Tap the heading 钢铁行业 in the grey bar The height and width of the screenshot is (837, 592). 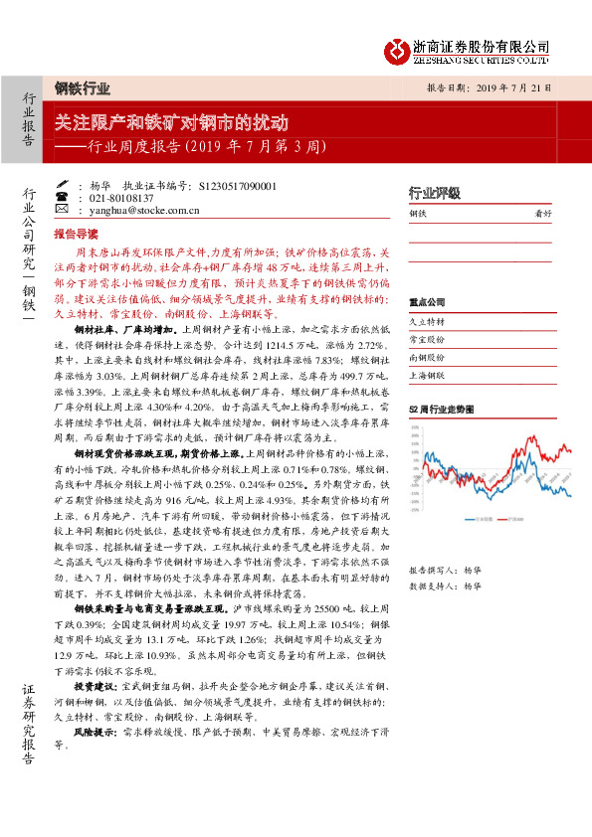(x=83, y=87)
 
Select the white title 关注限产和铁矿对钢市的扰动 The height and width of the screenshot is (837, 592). (x=171, y=123)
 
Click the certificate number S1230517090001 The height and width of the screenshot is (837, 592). (x=238, y=185)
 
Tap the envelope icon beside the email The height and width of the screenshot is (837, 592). (x=62, y=211)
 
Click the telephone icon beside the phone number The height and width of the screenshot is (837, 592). (x=62, y=198)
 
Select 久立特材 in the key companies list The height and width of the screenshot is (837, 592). (x=427, y=323)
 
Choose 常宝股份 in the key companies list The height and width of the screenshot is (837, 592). (x=427, y=341)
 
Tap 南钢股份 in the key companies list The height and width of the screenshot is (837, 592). (x=427, y=359)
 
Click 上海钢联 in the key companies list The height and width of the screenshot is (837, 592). (x=427, y=377)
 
